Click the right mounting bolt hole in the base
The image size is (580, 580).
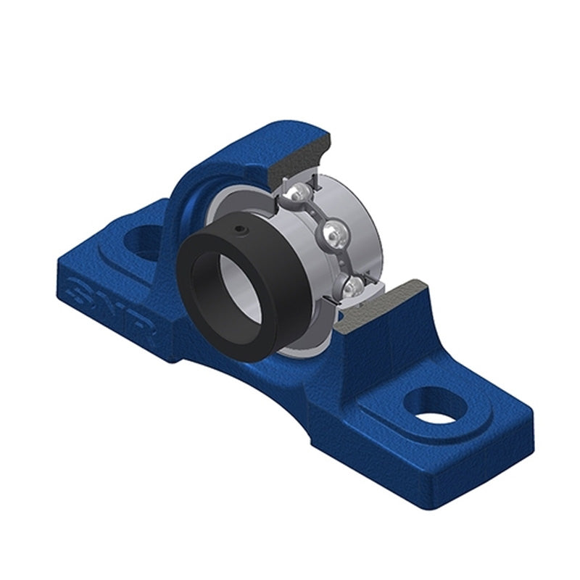[x=435, y=407]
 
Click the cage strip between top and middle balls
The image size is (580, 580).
[x=318, y=214]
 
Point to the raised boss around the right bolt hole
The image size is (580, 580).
[x=406, y=420]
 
